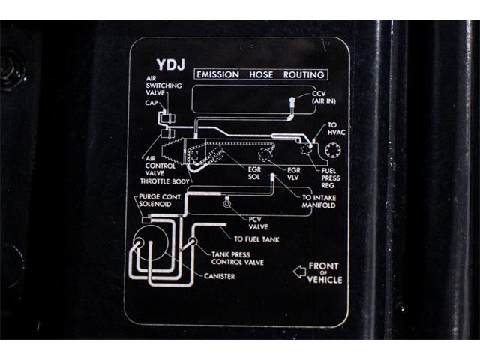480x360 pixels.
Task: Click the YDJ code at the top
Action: point(171,64)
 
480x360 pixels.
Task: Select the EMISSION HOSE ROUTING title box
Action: point(261,74)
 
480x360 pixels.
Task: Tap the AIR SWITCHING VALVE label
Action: point(163,85)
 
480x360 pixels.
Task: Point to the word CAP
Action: point(151,103)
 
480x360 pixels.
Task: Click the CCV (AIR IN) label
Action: point(323,97)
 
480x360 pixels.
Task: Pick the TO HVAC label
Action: point(336,129)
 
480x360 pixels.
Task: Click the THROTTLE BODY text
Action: point(165,181)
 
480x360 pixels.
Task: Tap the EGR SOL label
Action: point(254,173)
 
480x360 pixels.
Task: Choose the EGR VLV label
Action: point(293,174)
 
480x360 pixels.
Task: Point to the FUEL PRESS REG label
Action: point(330,178)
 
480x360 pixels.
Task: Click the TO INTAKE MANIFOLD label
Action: point(319,202)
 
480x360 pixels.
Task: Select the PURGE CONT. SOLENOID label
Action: point(160,200)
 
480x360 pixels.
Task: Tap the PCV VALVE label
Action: point(258,223)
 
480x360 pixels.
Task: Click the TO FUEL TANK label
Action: point(256,239)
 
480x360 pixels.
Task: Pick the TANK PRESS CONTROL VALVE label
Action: point(237,258)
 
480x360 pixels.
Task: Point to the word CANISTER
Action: point(219,276)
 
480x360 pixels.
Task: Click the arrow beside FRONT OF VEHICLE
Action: point(299,271)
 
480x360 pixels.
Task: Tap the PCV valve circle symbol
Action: point(226,204)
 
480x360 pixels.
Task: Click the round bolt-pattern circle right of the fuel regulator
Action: point(333,151)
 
